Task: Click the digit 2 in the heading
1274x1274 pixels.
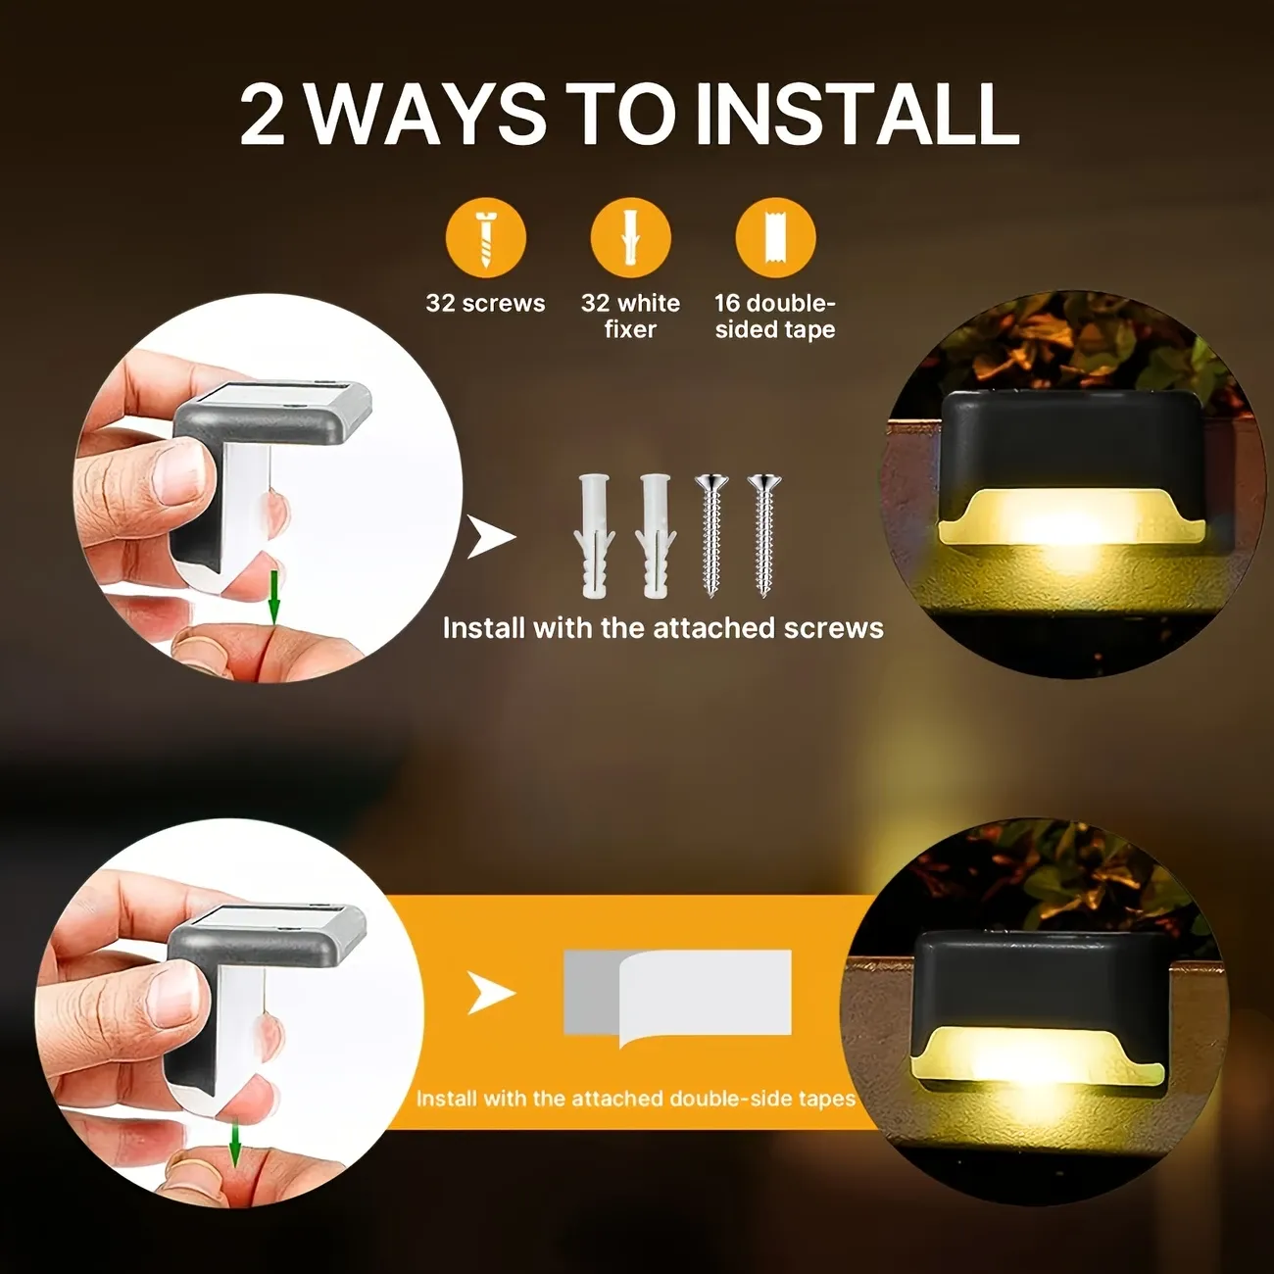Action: tap(263, 115)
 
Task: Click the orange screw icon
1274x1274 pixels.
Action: tap(486, 238)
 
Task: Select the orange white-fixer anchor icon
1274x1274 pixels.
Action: tap(630, 238)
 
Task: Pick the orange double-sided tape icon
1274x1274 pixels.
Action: tap(775, 238)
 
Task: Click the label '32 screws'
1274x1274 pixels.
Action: tap(485, 303)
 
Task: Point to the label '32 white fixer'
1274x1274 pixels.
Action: tap(630, 316)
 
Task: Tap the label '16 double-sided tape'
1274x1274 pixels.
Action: tap(775, 316)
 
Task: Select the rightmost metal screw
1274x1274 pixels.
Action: tap(764, 536)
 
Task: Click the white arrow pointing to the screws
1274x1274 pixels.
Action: tap(490, 537)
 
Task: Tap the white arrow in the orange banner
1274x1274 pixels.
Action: tap(490, 993)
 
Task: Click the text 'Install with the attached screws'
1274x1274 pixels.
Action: tap(662, 627)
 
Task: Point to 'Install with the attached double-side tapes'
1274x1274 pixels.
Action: tap(635, 1099)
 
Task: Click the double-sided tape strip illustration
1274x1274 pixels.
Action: tap(678, 995)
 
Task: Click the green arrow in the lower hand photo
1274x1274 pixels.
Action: tap(235, 1144)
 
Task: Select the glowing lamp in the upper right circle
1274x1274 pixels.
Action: tap(1070, 480)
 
